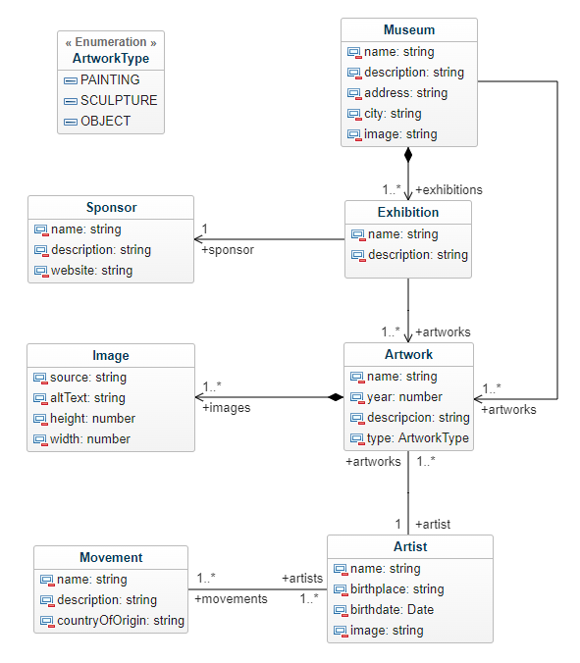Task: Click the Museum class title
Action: click(x=409, y=30)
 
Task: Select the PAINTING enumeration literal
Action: click(x=110, y=79)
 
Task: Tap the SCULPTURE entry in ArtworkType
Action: click(x=119, y=100)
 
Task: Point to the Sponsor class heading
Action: click(x=112, y=207)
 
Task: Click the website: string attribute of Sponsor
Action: click(x=92, y=270)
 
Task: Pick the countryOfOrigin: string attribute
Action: click(x=121, y=620)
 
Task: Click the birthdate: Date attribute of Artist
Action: click(x=393, y=609)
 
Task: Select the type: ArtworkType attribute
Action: click(x=418, y=438)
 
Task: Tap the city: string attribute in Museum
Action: click(x=393, y=114)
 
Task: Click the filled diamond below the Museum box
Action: click(x=408, y=155)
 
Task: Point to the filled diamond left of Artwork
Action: click(x=336, y=397)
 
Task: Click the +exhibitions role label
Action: click(x=448, y=190)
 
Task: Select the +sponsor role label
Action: click(x=228, y=250)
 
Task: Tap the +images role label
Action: click(x=227, y=408)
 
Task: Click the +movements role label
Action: click(x=231, y=598)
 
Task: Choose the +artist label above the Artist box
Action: click(x=433, y=525)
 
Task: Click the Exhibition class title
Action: click(x=408, y=212)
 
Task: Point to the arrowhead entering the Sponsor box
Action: click(x=198, y=239)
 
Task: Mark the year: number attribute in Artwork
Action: click(x=404, y=397)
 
